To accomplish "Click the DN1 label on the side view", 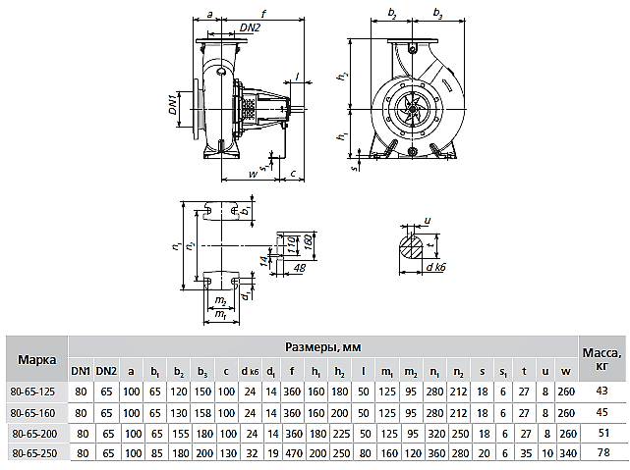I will (x=172, y=105).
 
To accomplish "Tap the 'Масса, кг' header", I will (x=601, y=359).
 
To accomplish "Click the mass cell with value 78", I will (x=601, y=451).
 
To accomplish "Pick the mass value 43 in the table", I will (x=601, y=392).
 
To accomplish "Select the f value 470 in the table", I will (x=292, y=451).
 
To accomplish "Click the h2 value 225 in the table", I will (x=340, y=432).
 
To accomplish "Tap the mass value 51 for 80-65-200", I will (x=601, y=432).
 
